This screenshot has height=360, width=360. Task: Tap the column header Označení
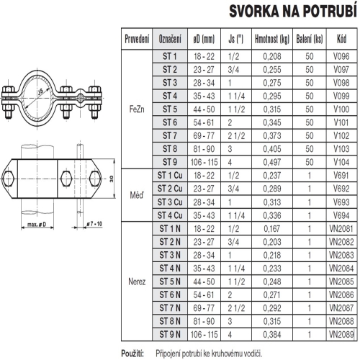169,37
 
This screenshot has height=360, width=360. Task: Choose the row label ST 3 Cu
169,201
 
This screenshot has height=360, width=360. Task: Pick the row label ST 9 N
169,335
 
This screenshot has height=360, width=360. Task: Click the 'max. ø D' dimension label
35,227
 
